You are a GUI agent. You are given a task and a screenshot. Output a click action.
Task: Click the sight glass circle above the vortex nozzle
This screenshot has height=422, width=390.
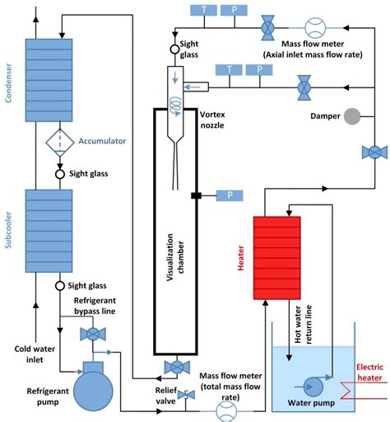tap(174, 49)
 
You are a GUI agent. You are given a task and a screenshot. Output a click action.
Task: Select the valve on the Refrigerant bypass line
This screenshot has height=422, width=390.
tap(90, 334)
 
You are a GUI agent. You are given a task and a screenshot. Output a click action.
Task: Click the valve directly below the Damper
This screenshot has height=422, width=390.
tap(374, 152)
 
